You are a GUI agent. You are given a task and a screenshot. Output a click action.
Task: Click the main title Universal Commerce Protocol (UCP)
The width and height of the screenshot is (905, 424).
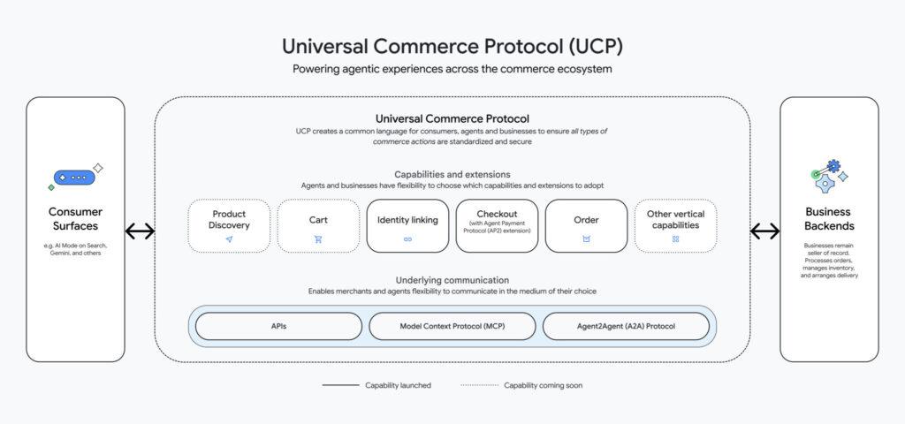click(x=452, y=46)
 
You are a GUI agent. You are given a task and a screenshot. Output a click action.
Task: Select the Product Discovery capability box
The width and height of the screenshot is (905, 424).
click(x=229, y=225)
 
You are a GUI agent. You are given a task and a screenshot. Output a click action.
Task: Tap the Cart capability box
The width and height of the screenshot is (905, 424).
click(x=318, y=225)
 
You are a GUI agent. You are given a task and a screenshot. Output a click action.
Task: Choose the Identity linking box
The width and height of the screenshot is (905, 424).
click(x=407, y=225)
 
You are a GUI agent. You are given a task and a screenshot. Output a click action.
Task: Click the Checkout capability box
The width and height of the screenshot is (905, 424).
click(x=497, y=225)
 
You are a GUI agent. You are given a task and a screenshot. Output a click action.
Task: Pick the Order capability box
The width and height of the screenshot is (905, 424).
click(x=586, y=225)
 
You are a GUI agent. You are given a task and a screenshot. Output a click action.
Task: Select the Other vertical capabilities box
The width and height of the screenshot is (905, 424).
click(x=675, y=225)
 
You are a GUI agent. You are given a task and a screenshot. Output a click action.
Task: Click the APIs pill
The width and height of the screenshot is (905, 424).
click(x=278, y=326)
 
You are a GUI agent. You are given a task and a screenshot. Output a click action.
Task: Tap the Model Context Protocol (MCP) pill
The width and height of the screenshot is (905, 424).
click(x=452, y=326)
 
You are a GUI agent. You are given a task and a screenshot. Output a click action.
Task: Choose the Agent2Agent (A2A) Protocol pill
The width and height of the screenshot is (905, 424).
click(x=626, y=326)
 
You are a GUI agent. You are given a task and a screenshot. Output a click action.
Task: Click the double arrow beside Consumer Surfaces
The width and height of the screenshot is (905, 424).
click(x=140, y=231)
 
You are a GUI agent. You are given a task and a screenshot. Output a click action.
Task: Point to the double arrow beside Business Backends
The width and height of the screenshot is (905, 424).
click(x=764, y=231)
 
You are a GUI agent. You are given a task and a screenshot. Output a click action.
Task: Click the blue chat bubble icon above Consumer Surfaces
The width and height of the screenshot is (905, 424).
click(x=74, y=178)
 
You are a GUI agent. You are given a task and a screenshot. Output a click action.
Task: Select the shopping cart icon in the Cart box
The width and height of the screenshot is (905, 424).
click(x=318, y=239)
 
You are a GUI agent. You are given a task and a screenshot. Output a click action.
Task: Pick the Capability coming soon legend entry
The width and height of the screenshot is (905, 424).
click(x=521, y=385)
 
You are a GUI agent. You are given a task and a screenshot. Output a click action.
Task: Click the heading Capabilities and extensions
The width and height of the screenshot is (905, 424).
click(x=452, y=175)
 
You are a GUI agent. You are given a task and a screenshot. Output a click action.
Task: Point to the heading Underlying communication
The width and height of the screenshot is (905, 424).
click(x=452, y=279)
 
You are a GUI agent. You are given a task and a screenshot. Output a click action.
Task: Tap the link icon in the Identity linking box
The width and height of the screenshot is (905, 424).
click(x=407, y=239)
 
